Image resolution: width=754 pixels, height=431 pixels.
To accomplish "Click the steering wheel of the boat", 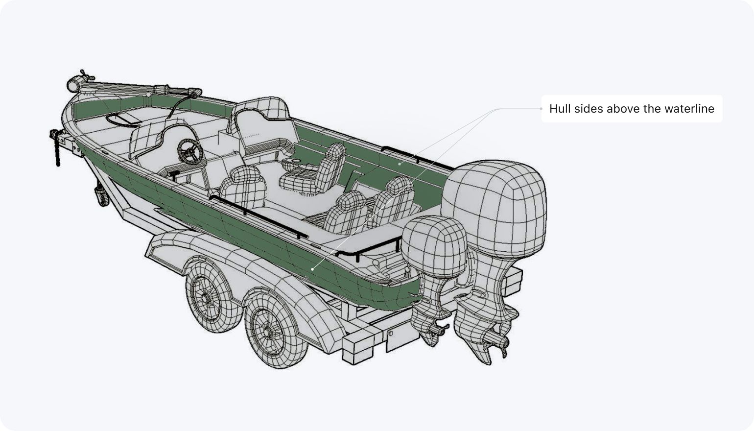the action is point(191,151).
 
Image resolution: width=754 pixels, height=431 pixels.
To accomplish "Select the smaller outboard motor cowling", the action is point(435,247).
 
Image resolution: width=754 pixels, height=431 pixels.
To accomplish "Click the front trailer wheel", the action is point(212,297).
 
